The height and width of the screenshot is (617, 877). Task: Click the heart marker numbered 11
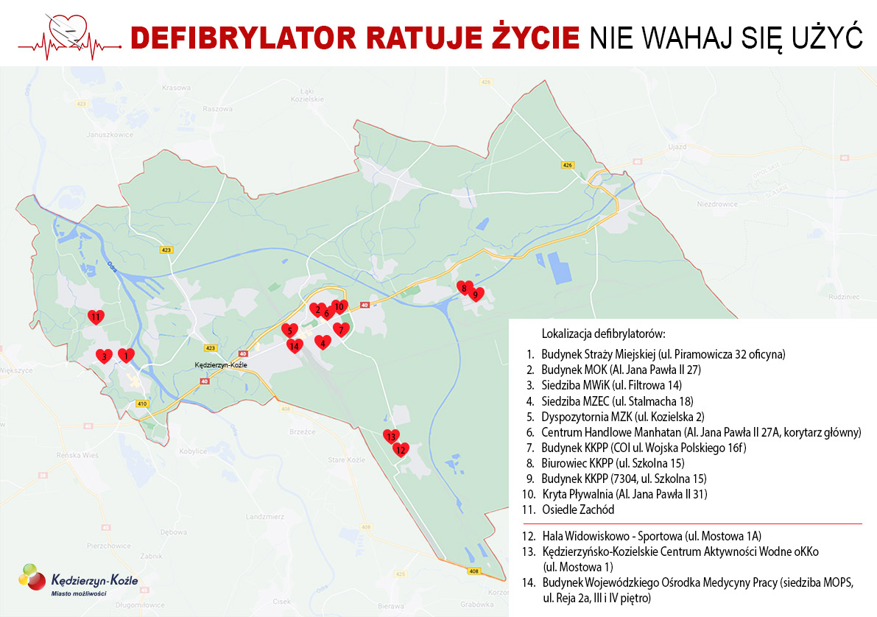pos(96,317)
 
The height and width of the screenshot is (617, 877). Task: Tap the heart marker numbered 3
pos(105,356)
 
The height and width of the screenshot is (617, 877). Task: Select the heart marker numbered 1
pos(127,356)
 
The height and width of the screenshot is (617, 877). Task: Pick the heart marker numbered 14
pos(295,345)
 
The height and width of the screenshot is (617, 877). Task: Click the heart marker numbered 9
pos(476,295)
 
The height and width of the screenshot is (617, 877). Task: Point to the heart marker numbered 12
pos(401,449)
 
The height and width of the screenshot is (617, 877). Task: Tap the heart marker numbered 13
pos(391,437)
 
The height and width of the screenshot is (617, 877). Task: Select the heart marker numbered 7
pos(340,330)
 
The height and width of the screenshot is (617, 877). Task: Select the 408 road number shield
pos(473,571)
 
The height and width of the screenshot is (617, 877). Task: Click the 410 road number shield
pos(141,403)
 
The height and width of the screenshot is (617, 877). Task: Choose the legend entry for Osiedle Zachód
pos(577,510)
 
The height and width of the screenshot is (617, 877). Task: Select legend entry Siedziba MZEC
pos(617,401)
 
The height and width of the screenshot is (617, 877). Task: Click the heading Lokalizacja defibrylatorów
pos(603,333)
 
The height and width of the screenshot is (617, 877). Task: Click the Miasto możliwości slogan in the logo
pos(77,593)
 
